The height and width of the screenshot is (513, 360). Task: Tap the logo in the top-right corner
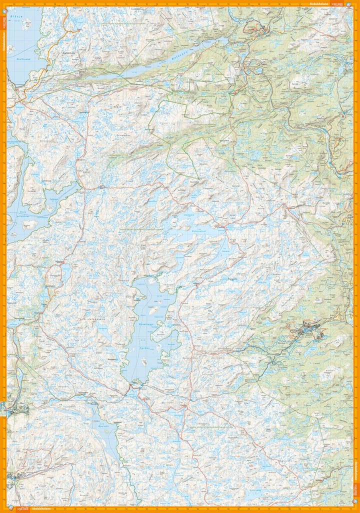pyautogui.click(x=350, y=3)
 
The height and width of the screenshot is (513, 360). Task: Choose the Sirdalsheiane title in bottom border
pyautogui.click(x=40, y=509)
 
